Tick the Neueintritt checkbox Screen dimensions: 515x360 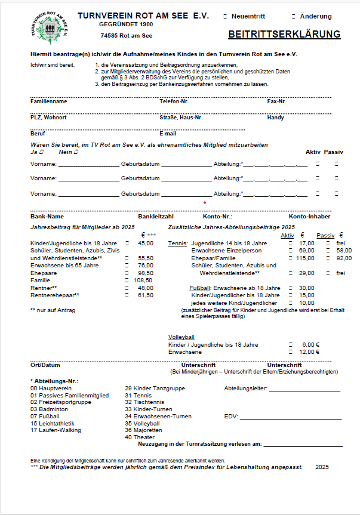click(225, 17)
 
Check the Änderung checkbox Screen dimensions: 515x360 click(294, 17)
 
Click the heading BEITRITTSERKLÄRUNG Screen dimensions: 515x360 click(284, 35)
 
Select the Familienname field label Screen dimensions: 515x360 click(49, 101)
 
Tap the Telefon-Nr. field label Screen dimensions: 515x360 click(174, 101)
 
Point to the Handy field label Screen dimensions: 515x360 click(275, 118)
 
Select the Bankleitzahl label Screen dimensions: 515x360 click(156, 216)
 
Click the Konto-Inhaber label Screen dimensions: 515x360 click(309, 216)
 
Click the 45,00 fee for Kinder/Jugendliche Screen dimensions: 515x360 click(146, 243)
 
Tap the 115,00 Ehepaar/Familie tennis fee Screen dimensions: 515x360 click(306, 258)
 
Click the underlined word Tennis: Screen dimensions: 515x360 click(178, 243)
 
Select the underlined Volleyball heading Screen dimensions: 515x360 click(181, 337)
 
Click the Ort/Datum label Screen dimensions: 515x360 click(45, 365)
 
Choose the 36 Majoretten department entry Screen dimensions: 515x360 click(143, 430)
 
